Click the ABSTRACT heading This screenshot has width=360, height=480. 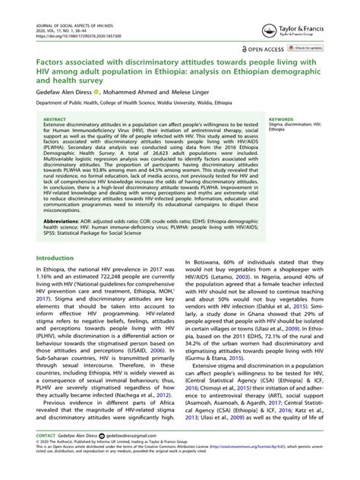pos(55,119)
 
